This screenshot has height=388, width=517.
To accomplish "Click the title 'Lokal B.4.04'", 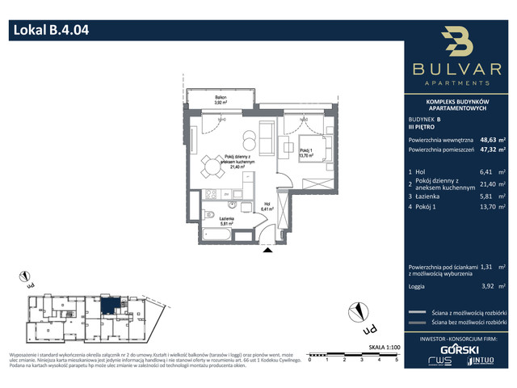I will pos(50,32).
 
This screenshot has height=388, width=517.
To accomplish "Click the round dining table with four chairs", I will pos(212,167).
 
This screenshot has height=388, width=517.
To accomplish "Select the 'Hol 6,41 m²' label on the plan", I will pos(267,207).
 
